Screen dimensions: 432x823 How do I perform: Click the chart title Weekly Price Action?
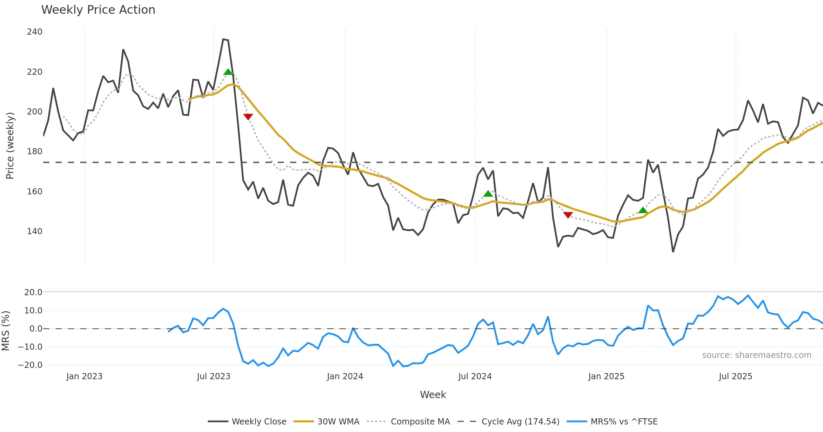click(98, 10)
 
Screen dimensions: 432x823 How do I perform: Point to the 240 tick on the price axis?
click(35, 32)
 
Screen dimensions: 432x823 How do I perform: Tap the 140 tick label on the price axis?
click(35, 231)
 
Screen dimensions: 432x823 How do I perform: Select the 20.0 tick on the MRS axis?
click(33, 292)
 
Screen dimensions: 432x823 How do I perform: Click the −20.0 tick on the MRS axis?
click(30, 365)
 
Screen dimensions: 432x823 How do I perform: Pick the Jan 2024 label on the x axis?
click(345, 376)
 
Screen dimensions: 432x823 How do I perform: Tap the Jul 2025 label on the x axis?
click(736, 376)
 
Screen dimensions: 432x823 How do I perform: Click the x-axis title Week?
click(433, 395)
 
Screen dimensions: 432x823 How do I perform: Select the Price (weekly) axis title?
click(10, 146)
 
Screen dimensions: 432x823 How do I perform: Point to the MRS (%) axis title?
click(6, 331)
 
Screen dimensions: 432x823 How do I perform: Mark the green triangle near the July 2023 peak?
click(228, 72)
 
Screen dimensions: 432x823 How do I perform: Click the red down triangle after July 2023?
click(248, 117)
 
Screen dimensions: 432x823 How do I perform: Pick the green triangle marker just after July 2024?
click(488, 194)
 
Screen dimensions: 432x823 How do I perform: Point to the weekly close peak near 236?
click(223, 39)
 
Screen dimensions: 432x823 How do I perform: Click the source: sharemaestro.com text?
click(756, 355)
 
